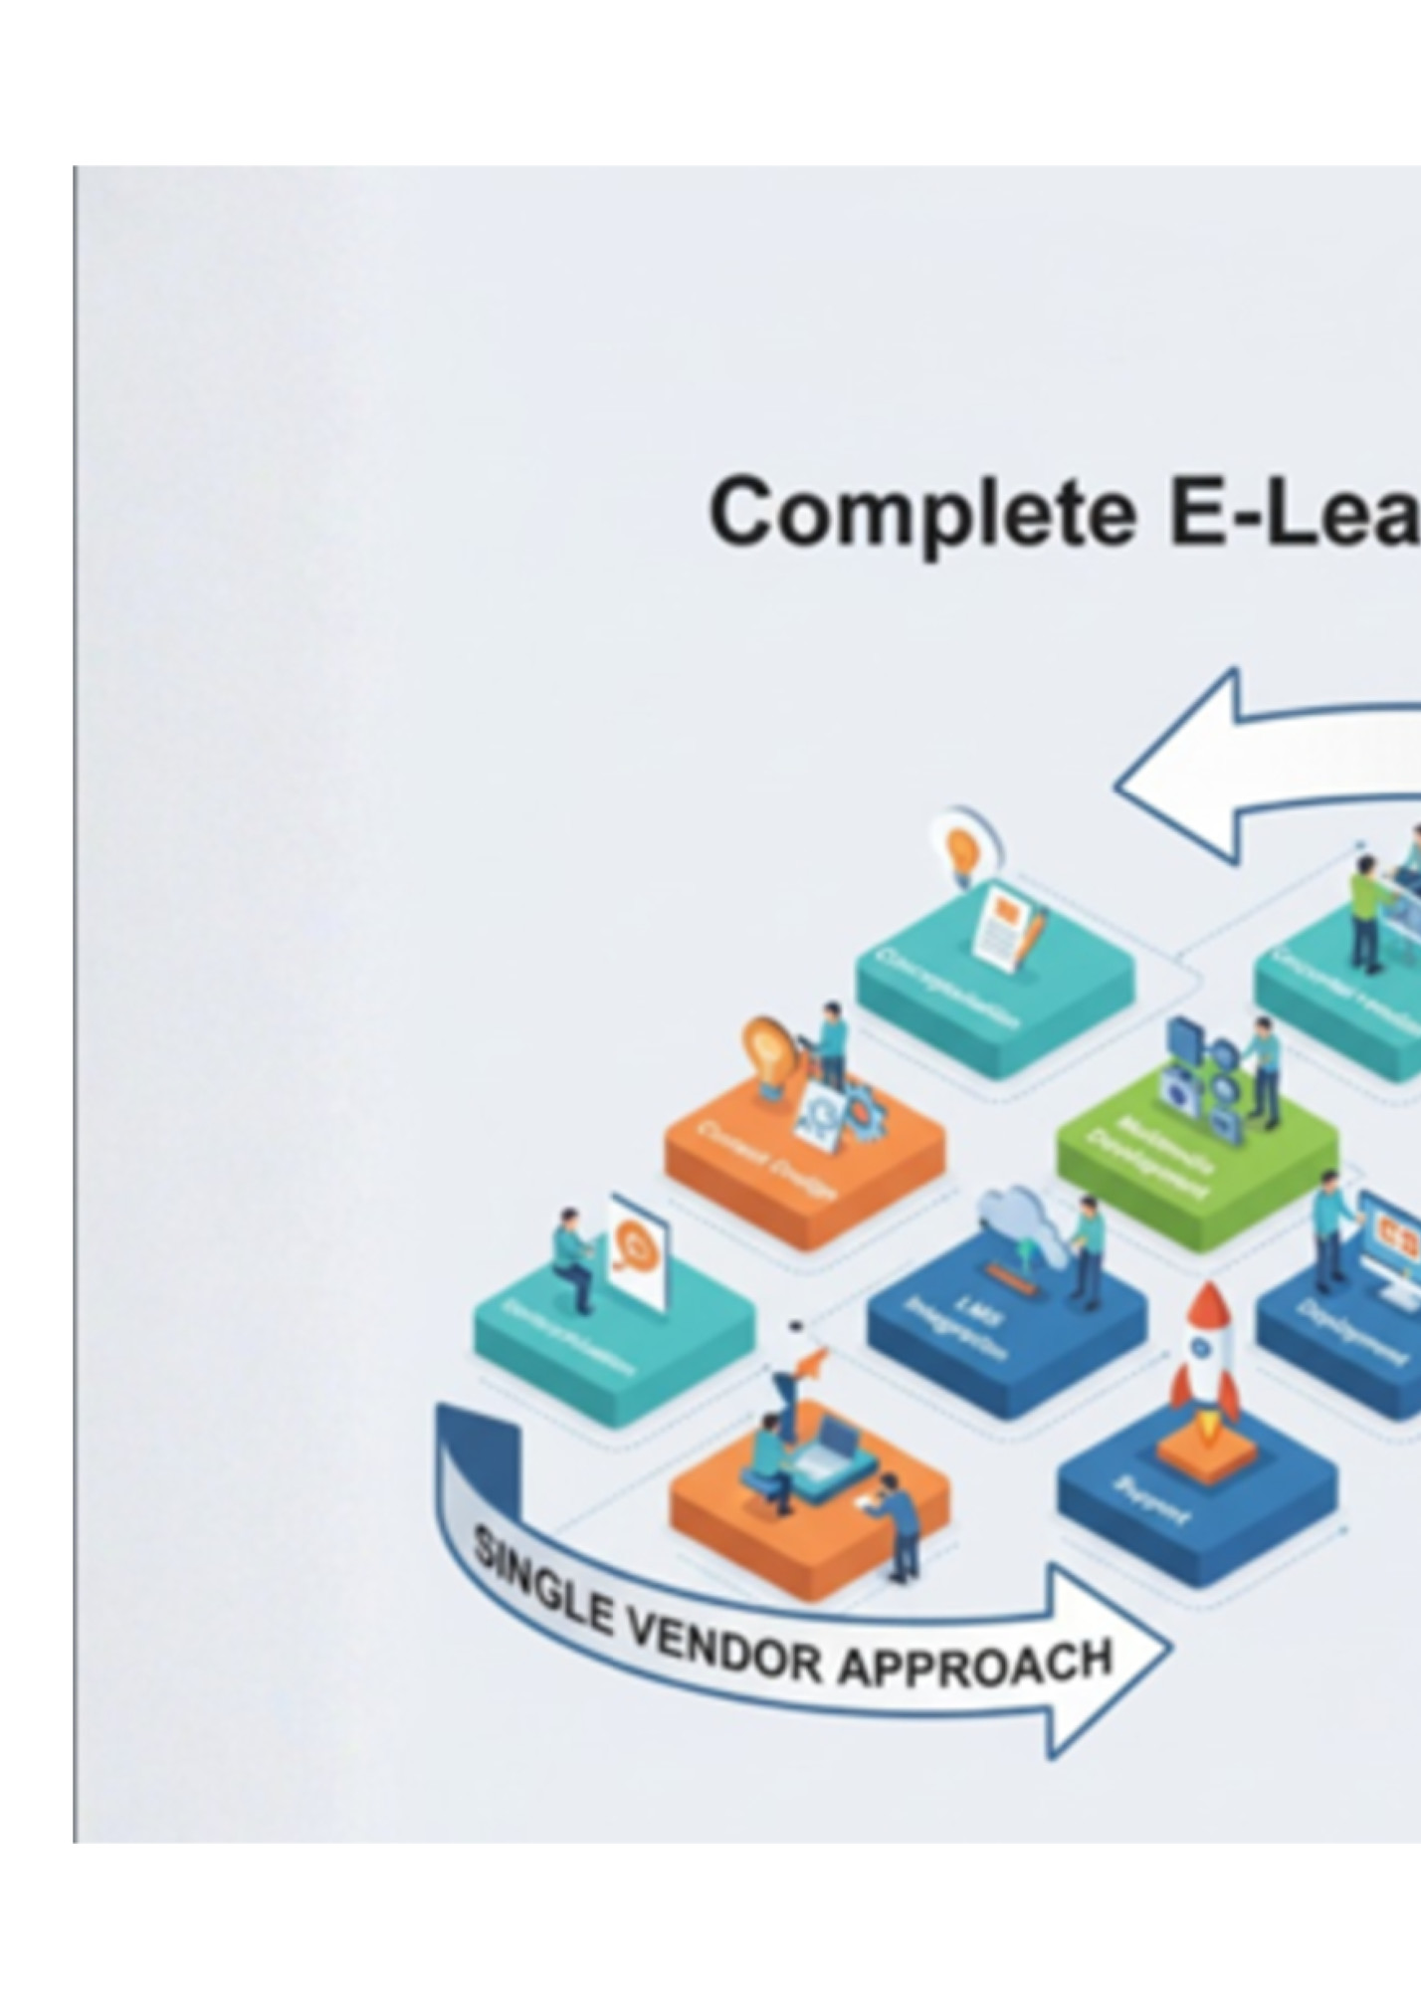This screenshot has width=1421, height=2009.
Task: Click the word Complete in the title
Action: [x=921, y=514]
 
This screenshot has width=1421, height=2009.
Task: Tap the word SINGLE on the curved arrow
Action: [x=541, y=1585]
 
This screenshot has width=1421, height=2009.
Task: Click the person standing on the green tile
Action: [x=1264, y=1069]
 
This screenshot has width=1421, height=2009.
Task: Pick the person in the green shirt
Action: [x=1368, y=911]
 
